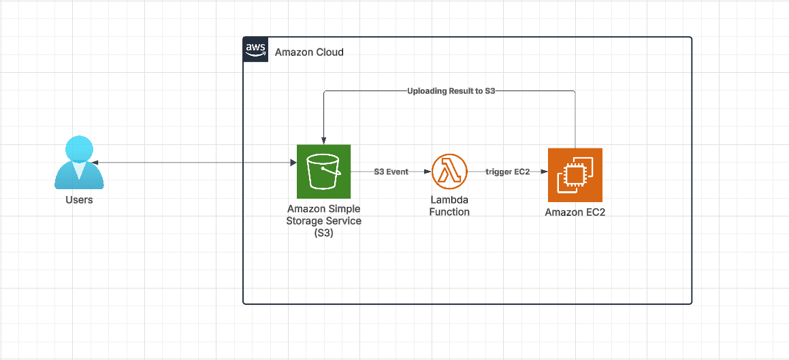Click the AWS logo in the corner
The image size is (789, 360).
[x=255, y=50]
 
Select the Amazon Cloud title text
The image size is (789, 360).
[x=309, y=52]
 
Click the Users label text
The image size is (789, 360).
[x=79, y=200]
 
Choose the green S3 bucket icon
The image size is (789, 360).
[x=323, y=171]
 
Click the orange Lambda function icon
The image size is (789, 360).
[x=449, y=171]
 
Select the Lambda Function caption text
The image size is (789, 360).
[x=449, y=206]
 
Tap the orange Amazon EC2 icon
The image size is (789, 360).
[x=575, y=175]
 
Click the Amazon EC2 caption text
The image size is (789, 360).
[x=575, y=213]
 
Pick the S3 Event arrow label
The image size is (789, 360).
[x=391, y=172]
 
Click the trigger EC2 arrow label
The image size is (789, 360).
[x=507, y=172]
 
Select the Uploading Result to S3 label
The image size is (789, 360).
[x=450, y=91]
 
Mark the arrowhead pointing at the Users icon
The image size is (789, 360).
[x=94, y=163]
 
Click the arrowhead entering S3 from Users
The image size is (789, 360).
[x=292, y=163]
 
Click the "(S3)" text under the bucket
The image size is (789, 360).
[x=324, y=233]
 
